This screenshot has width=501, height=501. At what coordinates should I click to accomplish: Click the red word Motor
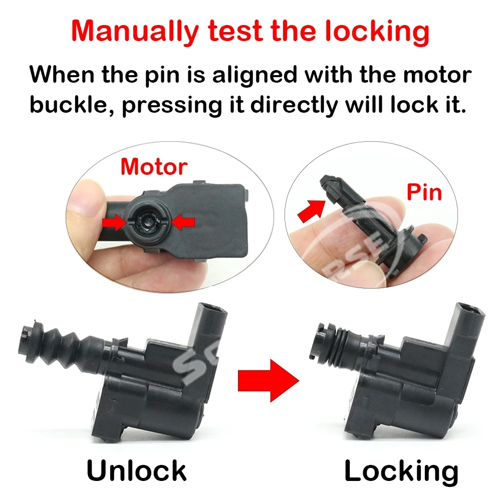pyautogui.click(x=154, y=167)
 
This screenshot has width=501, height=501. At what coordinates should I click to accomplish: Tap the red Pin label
pyautogui.click(x=424, y=192)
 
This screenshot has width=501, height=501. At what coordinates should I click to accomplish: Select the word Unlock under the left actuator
pyautogui.click(x=136, y=470)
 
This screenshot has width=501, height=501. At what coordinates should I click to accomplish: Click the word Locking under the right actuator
pyautogui.click(x=401, y=471)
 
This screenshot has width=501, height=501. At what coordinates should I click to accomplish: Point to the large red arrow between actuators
pyautogui.click(x=269, y=380)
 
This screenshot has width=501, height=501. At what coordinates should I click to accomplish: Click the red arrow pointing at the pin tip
pyautogui.click(x=311, y=210)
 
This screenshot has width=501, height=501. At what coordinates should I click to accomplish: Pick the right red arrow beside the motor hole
pyautogui.click(x=183, y=222)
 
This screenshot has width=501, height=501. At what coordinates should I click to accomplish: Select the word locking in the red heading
pyautogui.click(x=377, y=31)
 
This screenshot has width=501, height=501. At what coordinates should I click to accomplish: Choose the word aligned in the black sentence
pyautogui.click(x=255, y=75)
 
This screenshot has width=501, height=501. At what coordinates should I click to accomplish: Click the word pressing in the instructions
pyautogui.click(x=172, y=105)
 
